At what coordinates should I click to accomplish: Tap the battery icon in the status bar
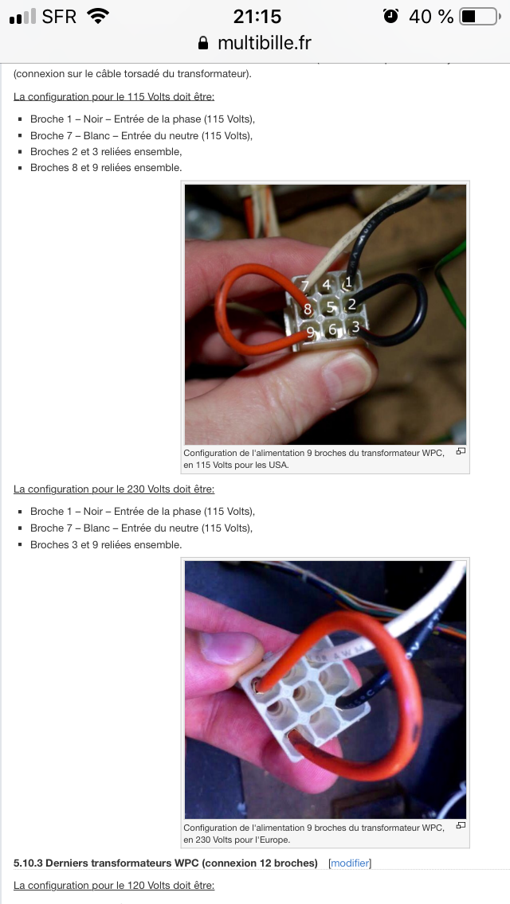coord(480,17)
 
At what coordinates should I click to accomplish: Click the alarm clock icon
coord(391,16)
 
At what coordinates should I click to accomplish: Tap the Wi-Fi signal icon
coord(98,16)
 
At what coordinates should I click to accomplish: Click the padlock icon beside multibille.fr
coord(202,43)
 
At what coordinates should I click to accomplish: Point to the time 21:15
coord(257,17)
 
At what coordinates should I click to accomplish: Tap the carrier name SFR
coord(59,17)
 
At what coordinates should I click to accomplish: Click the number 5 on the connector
coord(331,307)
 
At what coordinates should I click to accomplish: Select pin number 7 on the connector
coord(305,286)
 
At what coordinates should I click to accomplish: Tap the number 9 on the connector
coord(311,333)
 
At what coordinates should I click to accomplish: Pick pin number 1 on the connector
coord(347,282)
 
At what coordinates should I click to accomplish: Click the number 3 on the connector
coord(355,327)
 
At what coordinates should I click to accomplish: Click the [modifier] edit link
coord(350,863)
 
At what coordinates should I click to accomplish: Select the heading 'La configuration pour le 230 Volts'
coord(114,489)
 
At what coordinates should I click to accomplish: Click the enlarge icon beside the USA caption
coord(461,451)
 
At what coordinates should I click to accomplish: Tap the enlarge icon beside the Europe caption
coord(461,825)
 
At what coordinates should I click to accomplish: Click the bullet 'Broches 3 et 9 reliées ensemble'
coord(106,544)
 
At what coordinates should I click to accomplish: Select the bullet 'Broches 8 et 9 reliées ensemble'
coord(106,168)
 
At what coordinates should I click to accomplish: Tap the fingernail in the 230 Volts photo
coord(228,647)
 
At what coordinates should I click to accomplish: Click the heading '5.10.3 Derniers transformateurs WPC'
coord(166,863)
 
